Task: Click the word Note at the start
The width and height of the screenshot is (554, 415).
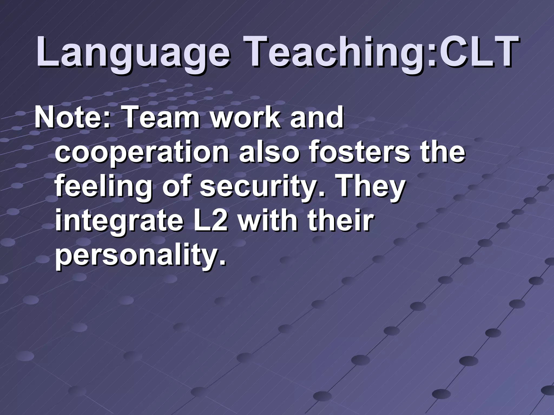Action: point(69,118)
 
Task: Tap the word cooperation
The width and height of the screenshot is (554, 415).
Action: point(142,154)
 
